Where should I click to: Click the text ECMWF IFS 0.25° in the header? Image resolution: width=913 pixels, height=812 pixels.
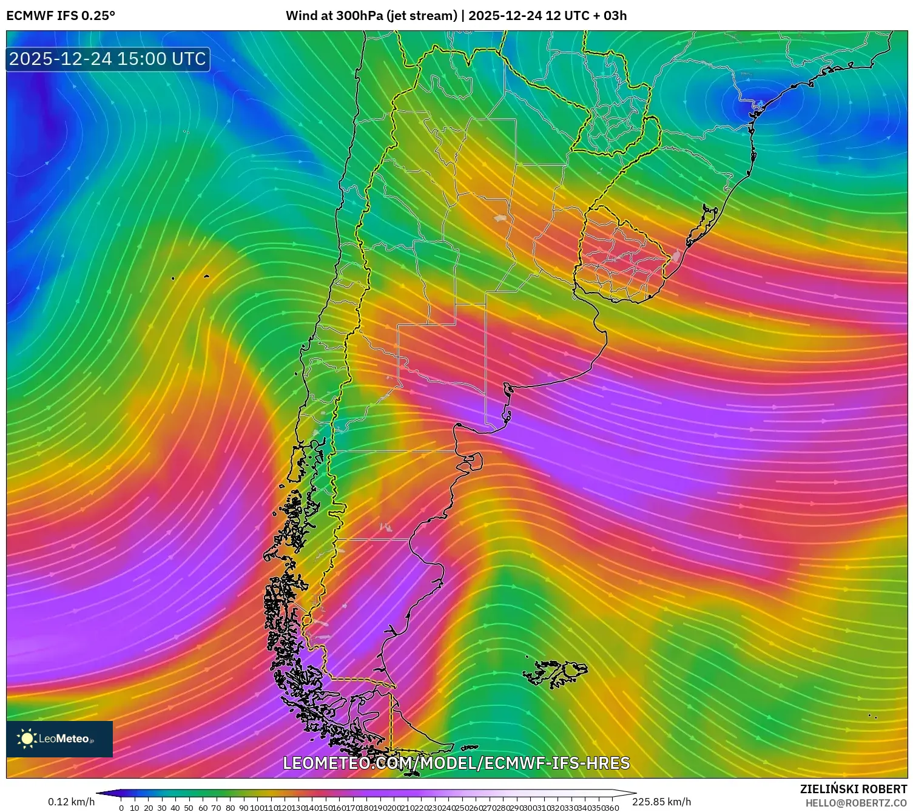click(61, 16)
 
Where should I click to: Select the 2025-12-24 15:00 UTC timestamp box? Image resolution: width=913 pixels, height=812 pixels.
click(108, 59)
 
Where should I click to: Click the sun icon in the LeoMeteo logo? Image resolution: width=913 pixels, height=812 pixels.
click(27, 739)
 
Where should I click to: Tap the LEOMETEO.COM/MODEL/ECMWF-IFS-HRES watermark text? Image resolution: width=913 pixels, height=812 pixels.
click(456, 763)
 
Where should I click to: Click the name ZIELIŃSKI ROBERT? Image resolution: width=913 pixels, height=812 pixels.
click(854, 789)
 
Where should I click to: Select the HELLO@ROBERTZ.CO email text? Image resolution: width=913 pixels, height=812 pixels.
click(856, 803)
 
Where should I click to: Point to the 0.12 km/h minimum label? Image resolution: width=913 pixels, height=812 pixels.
click(72, 802)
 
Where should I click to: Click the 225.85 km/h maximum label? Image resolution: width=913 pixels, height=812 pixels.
click(661, 802)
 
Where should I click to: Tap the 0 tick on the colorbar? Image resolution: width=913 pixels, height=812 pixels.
click(121, 808)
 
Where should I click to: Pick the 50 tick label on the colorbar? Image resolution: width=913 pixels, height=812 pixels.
click(189, 808)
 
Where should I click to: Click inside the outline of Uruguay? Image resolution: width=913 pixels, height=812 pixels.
click(622, 255)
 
